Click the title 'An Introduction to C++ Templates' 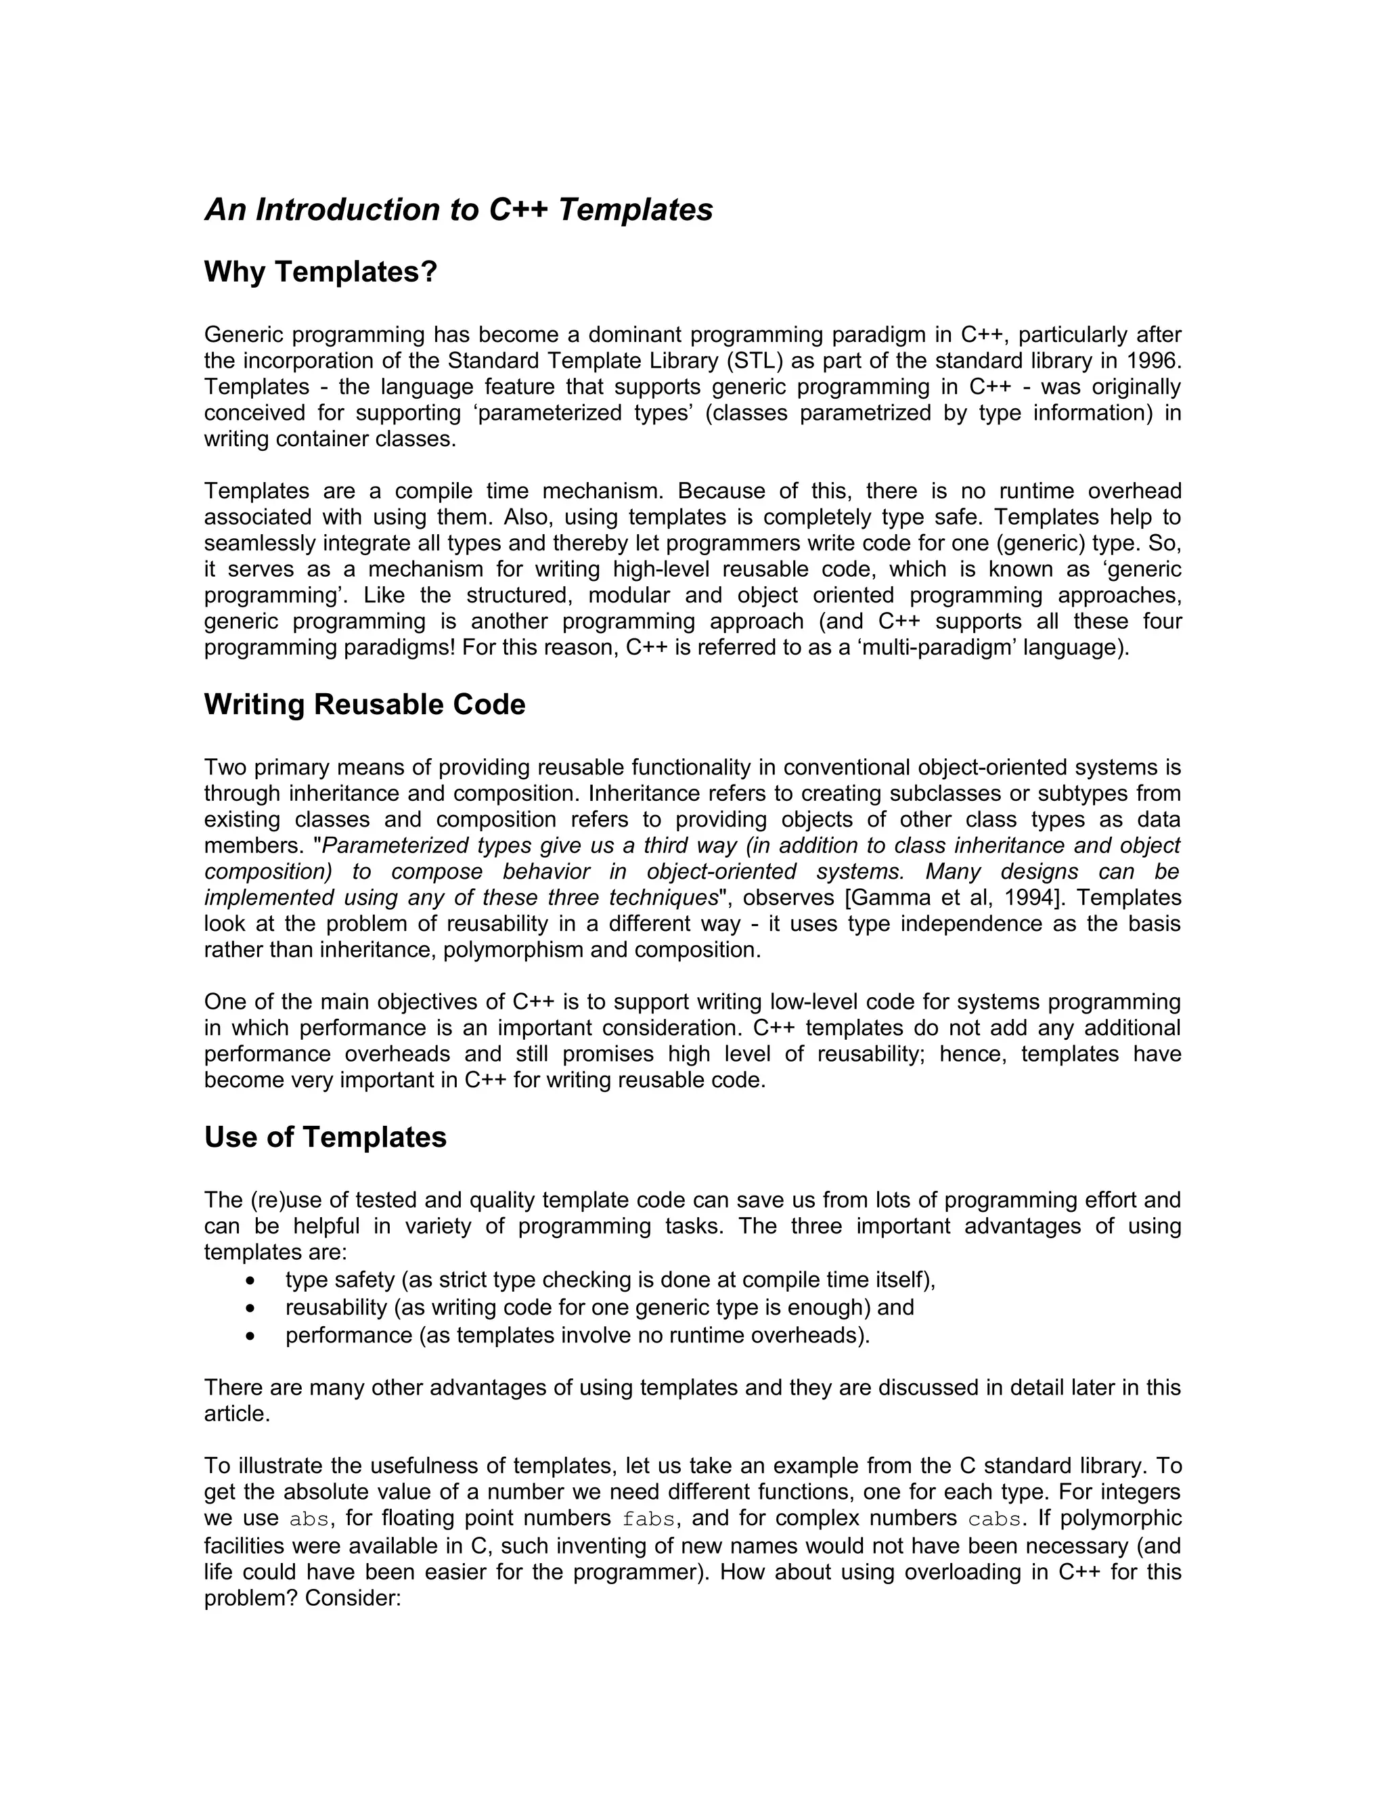(458, 211)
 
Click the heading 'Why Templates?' (320, 272)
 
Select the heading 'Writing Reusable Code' (365, 705)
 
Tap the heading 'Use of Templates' (325, 1138)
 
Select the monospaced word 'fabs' (648, 1520)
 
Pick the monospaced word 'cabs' (994, 1520)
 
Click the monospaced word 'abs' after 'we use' (309, 1520)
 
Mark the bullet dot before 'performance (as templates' (250, 1336)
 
